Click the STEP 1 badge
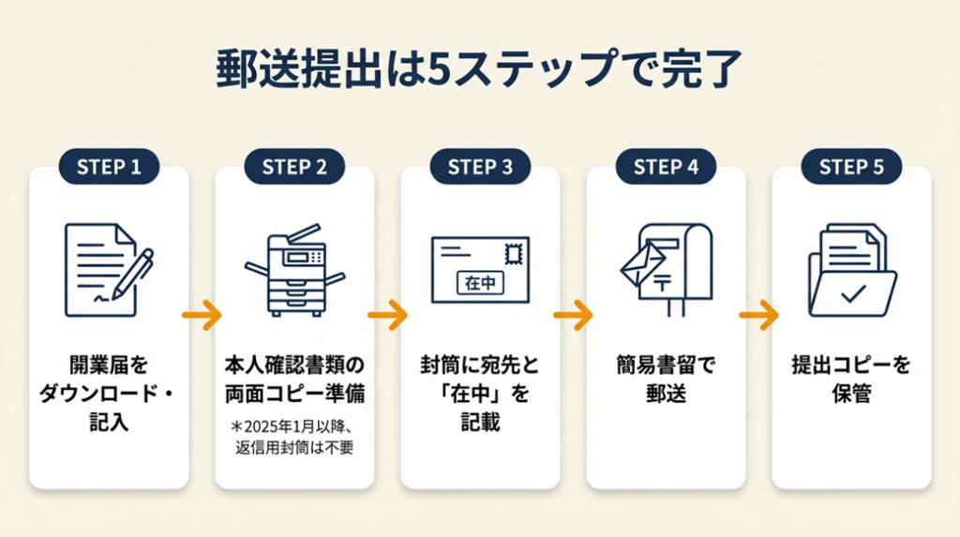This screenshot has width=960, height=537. (109, 167)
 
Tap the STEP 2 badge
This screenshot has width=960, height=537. (294, 167)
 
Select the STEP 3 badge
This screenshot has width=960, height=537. (480, 167)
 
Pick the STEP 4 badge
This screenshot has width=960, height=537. (666, 167)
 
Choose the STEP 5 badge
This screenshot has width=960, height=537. (851, 167)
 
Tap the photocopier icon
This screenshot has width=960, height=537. (294, 271)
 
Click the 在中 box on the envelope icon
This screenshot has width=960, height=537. (479, 282)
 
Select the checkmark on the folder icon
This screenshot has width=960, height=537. (852, 294)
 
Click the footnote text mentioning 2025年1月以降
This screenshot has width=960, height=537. (295, 436)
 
